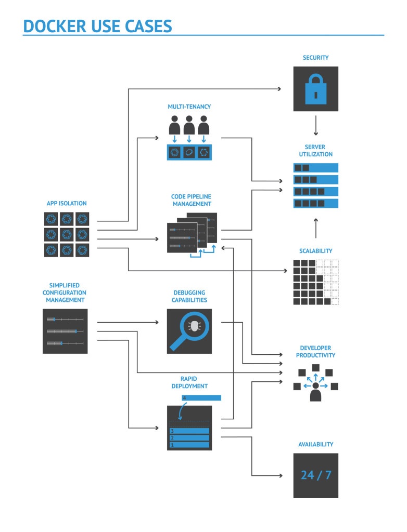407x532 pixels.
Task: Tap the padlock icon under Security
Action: click(x=315, y=89)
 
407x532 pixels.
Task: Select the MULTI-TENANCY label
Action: click(x=189, y=107)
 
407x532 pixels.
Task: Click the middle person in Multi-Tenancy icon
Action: click(x=189, y=126)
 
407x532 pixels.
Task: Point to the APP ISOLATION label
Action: click(x=67, y=203)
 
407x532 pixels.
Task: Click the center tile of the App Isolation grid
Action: click(x=67, y=234)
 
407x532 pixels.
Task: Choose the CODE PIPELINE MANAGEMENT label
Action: click(x=191, y=201)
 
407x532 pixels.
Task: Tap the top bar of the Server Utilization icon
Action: click(x=315, y=168)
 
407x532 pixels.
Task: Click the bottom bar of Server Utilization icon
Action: click(x=315, y=203)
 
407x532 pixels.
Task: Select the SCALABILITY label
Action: click(x=315, y=251)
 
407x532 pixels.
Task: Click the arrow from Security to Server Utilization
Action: click(x=315, y=125)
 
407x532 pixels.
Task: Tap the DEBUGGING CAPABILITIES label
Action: click(x=189, y=296)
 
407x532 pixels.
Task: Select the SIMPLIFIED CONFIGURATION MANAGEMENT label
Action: click(x=65, y=292)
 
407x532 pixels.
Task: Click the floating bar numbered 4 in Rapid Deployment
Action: click(x=201, y=398)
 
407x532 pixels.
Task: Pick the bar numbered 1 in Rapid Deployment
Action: click(x=189, y=445)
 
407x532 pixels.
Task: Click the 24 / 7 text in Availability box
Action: click(x=315, y=475)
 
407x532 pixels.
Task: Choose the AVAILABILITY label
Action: click(x=315, y=444)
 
